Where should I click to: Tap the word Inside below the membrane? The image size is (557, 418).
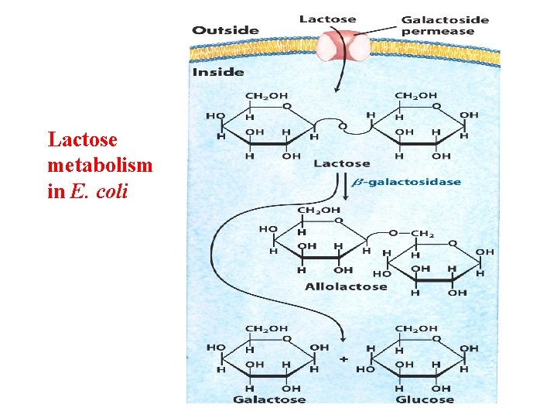(218, 72)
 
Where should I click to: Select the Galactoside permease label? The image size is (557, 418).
(445, 25)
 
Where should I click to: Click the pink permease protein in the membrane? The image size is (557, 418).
(346, 44)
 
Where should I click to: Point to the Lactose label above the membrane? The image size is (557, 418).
(327, 19)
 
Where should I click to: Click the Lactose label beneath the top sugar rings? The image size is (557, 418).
(341, 163)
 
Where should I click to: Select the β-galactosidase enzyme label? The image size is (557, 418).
(406, 183)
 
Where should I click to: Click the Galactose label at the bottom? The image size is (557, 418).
(270, 399)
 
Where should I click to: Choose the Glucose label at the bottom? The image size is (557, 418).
(424, 399)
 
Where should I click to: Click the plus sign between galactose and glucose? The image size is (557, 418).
(343, 360)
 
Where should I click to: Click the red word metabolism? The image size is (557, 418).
(100, 165)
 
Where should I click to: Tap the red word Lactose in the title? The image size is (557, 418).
(83, 139)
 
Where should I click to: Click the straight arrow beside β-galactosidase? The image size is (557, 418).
(344, 187)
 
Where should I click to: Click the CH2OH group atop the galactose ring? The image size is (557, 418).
(265, 328)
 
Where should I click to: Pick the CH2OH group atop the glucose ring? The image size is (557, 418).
(416, 328)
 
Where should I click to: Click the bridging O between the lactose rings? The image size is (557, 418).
(343, 125)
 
